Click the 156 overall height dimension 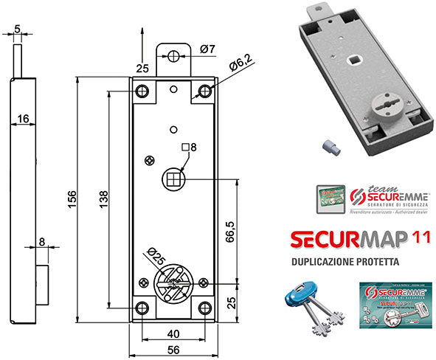click(x=72, y=198)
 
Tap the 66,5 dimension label click(x=229, y=231)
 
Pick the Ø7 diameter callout click(x=207, y=49)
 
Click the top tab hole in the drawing click(x=173, y=56)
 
